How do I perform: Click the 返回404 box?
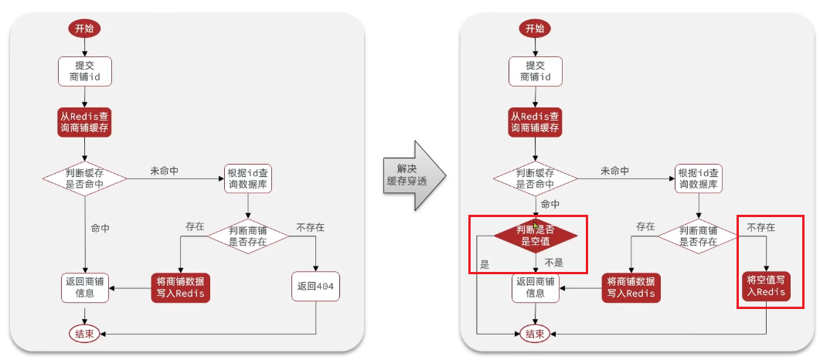click(317, 286)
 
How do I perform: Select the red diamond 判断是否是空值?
click(536, 234)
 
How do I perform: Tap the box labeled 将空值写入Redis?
click(766, 286)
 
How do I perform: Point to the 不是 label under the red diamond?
click(554, 262)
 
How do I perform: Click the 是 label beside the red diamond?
click(485, 264)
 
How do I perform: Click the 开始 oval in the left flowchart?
click(84, 29)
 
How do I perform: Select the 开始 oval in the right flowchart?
click(535, 29)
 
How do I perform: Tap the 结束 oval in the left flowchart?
click(84, 333)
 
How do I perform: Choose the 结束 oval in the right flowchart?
click(535, 333)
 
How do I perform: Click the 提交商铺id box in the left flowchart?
click(84, 71)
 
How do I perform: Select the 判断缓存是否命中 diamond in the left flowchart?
click(84, 178)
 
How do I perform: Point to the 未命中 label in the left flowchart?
click(164, 171)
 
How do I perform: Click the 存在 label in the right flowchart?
click(645, 227)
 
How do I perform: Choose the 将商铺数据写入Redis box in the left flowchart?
click(180, 287)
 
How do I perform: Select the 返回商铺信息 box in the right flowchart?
click(535, 287)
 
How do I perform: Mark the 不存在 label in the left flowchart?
click(310, 228)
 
